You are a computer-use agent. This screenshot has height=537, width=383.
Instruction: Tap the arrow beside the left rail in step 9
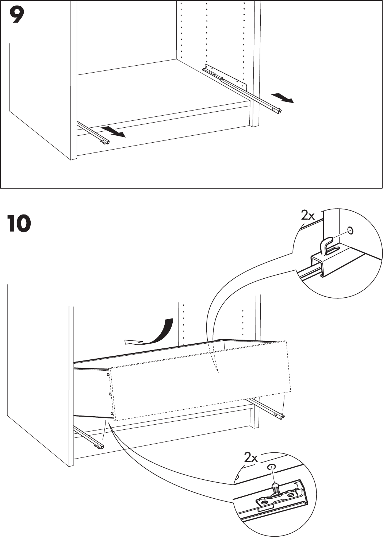(x=114, y=132)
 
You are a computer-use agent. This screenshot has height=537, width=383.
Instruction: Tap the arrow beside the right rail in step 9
(x=283, y=98)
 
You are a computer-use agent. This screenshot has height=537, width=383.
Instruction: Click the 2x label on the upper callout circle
(x=308, y=216)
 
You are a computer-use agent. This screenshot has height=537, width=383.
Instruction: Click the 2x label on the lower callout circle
(x=251, y=457)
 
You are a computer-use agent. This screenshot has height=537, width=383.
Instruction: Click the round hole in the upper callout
(x=351, y=231)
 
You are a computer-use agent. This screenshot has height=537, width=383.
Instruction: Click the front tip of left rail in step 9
(x=106, y=142)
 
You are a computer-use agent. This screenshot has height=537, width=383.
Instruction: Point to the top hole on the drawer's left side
(x=108, y=374)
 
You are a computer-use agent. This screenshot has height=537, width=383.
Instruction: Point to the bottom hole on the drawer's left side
(x=111, y=413)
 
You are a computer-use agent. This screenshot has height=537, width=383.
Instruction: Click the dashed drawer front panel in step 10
(x=201, y=379)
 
